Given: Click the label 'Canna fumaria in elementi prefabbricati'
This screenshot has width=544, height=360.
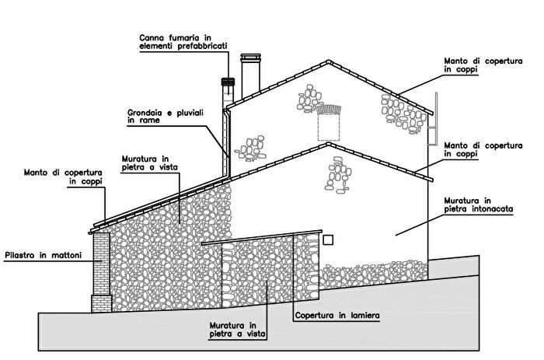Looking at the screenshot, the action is click(183, 42).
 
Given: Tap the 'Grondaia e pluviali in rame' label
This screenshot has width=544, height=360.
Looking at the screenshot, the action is click(166, 117).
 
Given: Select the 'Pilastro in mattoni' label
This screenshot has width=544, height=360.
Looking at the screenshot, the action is click(44, 256).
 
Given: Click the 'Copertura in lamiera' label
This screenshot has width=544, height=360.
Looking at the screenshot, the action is click(337, 315).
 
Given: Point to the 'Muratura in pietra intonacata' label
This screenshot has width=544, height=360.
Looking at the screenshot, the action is click(479, 204).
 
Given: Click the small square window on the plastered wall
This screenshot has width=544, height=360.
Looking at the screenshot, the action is click(328, 240).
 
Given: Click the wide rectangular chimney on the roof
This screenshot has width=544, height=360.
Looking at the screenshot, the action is click(250, 75).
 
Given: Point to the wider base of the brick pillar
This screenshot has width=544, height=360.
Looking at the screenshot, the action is click(101, 304).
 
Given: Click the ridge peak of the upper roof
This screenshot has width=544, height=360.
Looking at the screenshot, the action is click(328, 61).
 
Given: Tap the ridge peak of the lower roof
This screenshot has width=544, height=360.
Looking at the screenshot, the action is click(328, 143).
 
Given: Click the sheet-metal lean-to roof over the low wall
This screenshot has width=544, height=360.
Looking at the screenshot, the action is click(262, 237).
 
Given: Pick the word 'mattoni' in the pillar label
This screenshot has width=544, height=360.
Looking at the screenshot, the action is click(67, 256).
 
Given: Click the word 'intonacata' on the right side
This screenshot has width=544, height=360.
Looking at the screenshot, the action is click(492, 209).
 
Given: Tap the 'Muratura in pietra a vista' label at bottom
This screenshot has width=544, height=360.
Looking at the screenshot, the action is click(238, 330).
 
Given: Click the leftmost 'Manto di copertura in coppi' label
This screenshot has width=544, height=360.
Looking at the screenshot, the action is click(63, 177).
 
